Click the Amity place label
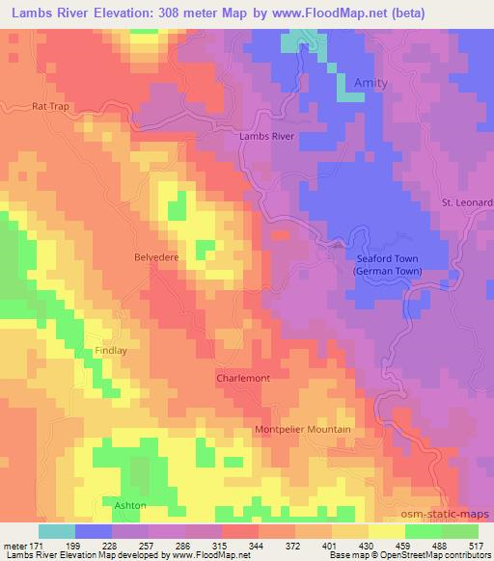(370, 83)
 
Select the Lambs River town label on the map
(265, 137)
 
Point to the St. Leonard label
(467, 202)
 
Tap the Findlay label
(110, 352)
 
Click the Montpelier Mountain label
(303, 429)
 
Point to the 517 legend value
(478, 546)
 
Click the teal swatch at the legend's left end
(57, 531)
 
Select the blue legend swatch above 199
(94, 531)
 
